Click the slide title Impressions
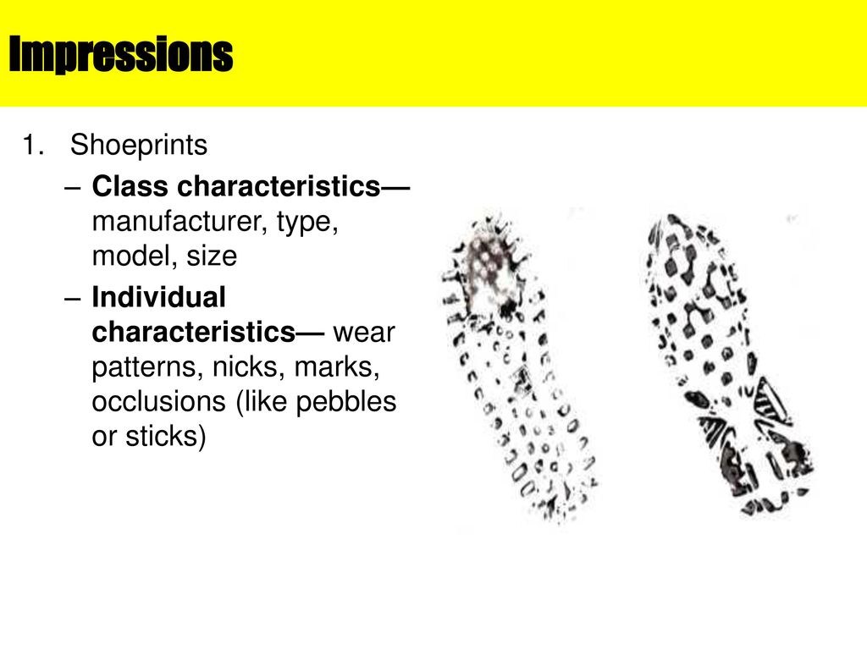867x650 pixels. [121, 54]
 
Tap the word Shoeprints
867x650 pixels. [139, 146]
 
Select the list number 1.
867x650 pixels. [33, 145]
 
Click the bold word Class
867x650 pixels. [130, 185]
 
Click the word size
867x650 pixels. [212, 256]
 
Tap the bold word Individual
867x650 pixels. [158, 297]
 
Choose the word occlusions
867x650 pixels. [159, 401]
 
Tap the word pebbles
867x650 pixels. [346, 402]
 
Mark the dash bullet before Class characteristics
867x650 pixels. [73, 187]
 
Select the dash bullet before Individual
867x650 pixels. [73, 299]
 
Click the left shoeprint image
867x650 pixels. [519, 367]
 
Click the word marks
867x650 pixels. [337, 367]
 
